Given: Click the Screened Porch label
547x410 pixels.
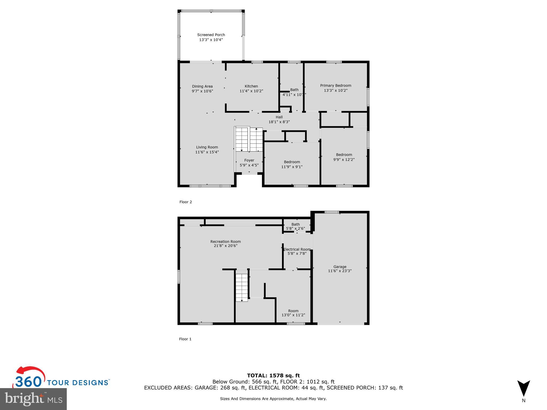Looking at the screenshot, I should pyautogui.click(x=211, y=35).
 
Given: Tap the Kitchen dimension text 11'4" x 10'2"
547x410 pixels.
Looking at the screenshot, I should pyautogui.click(x=251, y=91).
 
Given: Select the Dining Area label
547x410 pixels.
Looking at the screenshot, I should pyautogui.click(x=202, y=86).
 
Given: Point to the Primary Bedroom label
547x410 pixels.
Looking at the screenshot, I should pyautogui.click(x=335, y=85).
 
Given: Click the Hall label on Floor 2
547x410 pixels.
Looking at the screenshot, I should pyautogui.click(x=279, y=117).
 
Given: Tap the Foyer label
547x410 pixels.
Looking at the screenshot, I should pyautogui.click(x=249, y=160).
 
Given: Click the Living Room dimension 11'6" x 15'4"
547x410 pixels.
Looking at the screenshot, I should pyautogui.click(x=207, y=152).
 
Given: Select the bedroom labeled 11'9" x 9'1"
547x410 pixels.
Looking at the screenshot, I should pyautogui.click(x=292, y=164).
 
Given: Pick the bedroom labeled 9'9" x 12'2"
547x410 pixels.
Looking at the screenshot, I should pyautogui.click(x=344, y=157).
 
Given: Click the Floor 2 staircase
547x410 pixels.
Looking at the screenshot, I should pyautogui.click(x=249, y=139).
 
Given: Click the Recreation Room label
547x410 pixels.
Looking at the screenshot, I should pyautogui.click(x=225, y=242).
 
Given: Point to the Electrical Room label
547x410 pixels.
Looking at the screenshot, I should pyautogui.click(x=297, y=249).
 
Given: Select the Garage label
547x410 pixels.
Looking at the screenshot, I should pyautogui.click(x=340, y=267).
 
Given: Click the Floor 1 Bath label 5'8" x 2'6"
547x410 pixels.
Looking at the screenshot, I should pyautogui.click(x=295, y=226).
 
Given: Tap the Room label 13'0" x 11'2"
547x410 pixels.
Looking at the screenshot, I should pyautogui.click(x=293, y=313).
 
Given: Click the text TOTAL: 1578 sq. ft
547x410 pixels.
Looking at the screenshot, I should pyautogui.click(x=273, y=376).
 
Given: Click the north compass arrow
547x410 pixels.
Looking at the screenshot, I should pyautogui.click(x=523, y=389).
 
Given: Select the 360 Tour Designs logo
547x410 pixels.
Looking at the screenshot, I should pyautogui.click(x=61, y=379).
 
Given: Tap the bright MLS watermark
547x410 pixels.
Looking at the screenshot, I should pyautogui.click(x=33, y=399).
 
